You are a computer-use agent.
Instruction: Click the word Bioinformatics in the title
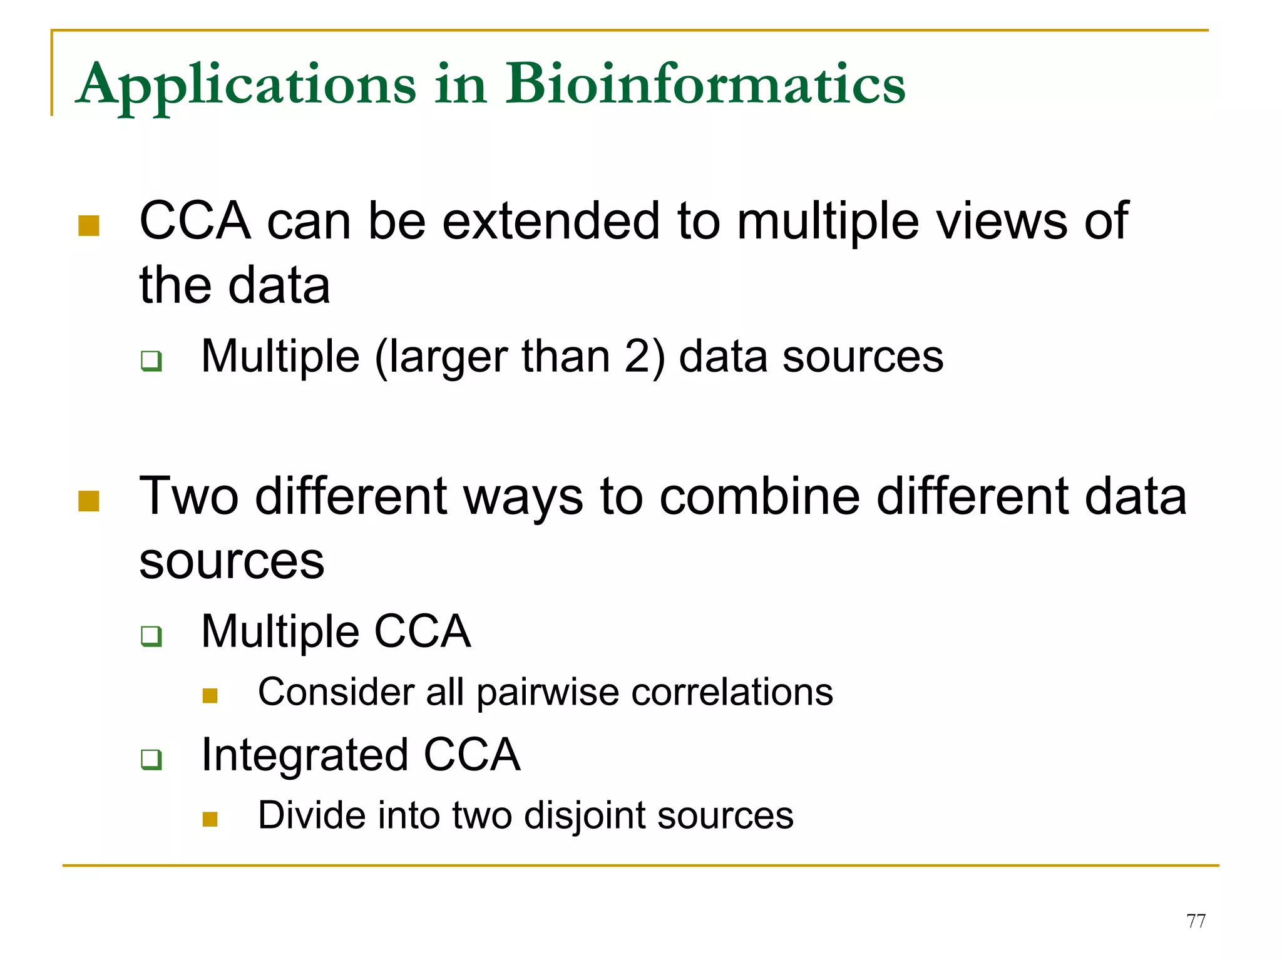(x=705, y=84)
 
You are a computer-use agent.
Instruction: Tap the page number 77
(x=1196, y=921)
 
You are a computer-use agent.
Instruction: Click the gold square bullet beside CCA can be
(x=89, y=226)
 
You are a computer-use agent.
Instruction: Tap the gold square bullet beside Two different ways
(x=89, y=501)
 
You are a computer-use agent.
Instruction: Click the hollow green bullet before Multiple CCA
(x=151, y=636)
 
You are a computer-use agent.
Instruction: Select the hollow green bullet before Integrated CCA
(x=151, y=759)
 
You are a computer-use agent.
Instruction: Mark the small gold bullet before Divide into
(x=210, y=819)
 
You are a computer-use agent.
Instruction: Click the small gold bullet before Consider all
(x=210, y=696)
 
